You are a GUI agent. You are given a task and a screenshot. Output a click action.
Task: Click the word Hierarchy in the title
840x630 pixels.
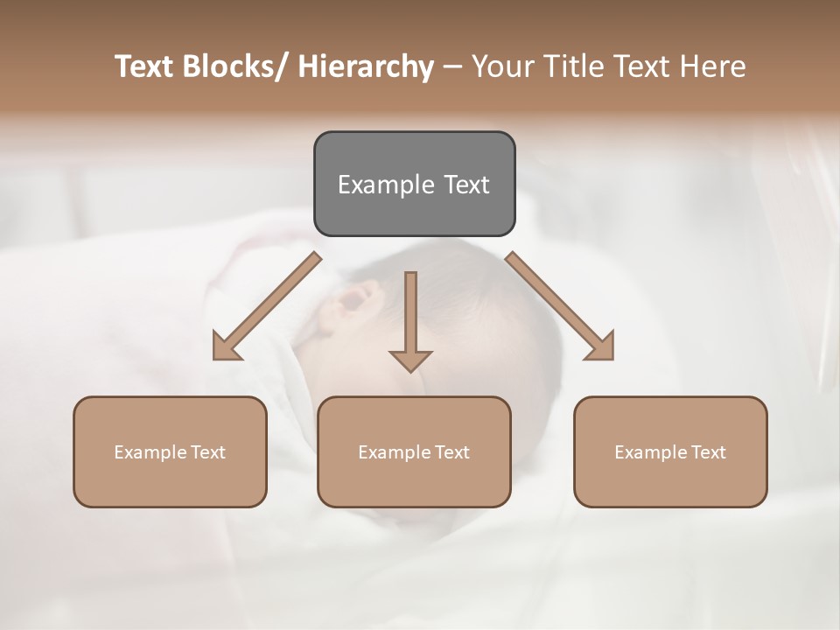(x=366, y=66)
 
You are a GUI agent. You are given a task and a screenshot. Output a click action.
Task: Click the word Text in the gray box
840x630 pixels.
(x=465, y=185)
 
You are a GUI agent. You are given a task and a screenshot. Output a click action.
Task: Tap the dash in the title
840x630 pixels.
(x=452, y=67)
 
